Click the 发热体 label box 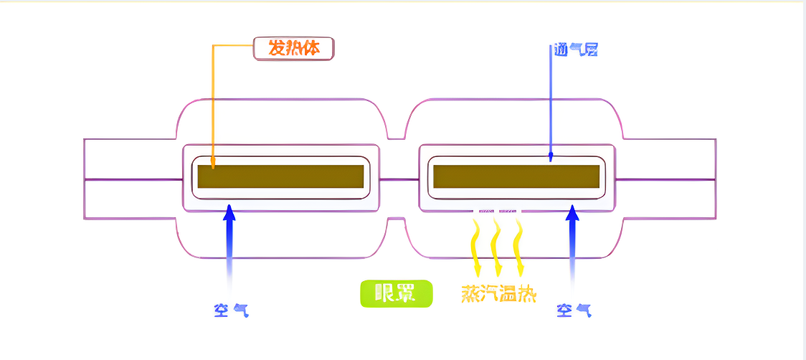pyautogui.click(x=294, y=48)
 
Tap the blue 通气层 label pyautogui.click(x=575, y=49)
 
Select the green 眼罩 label pyautogui.click(x=396, y=293)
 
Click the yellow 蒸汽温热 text pyautogui.click(x=499, y=294)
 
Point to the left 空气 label pyautogui.click(x=231, y=310)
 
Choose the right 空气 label pyautogui.click(x=574, y=310)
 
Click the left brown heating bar pyautogui.click(x=280, y=177)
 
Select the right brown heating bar pyautogui.click(x=516, y=177)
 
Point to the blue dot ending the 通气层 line pyautogui.click(x=551, y=154)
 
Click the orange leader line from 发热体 pyautogui.click(x=213, y=100)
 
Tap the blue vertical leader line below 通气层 pyautogui.click(x=551, y=100)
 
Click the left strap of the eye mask pyautogui.click(x=129, y=179)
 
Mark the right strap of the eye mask pyautogui.click(x=667, y=179)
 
